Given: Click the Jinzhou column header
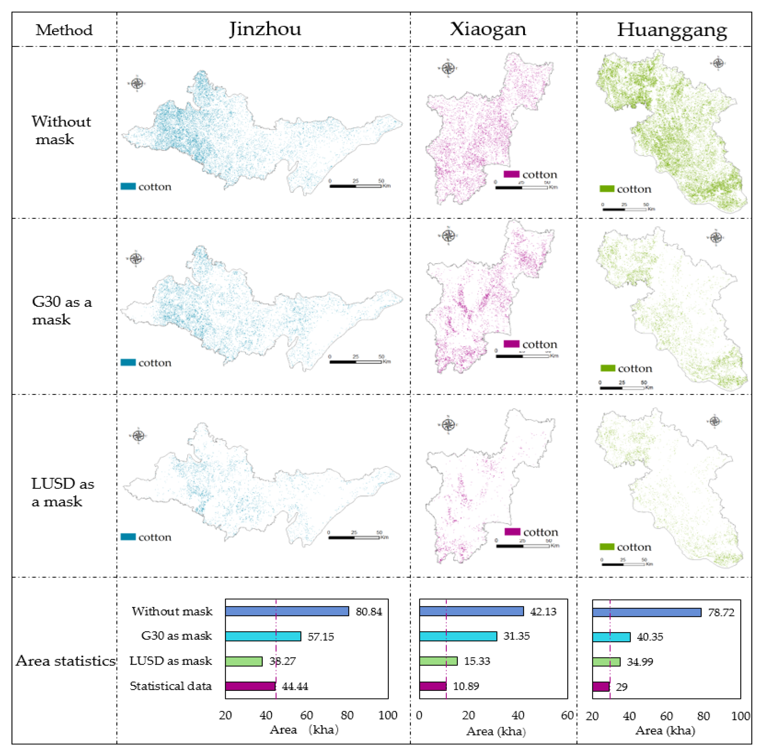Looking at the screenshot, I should click(265, 29).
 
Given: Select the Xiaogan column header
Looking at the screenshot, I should click(488, 29).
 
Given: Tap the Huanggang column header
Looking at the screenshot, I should click(672, 30).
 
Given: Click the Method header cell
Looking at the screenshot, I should click(64, 30).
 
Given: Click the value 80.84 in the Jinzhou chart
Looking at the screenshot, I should click(368, 611).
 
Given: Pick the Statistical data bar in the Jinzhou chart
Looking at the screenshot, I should click(250, 686).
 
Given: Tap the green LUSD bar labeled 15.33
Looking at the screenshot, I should click(438, 661).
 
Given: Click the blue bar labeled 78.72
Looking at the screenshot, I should click(646, 612).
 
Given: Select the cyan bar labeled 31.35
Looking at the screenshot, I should click(458, 636).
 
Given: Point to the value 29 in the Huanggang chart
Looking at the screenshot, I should click(622, 687).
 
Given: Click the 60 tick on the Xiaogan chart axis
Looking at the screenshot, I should click(567, 716).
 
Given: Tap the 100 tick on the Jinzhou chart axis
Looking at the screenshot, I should click(388, 716).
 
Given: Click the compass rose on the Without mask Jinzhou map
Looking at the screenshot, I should click(137, 83).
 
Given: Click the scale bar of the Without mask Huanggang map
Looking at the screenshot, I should click(624, 209).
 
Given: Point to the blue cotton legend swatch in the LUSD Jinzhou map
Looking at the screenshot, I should click(128, 537).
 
